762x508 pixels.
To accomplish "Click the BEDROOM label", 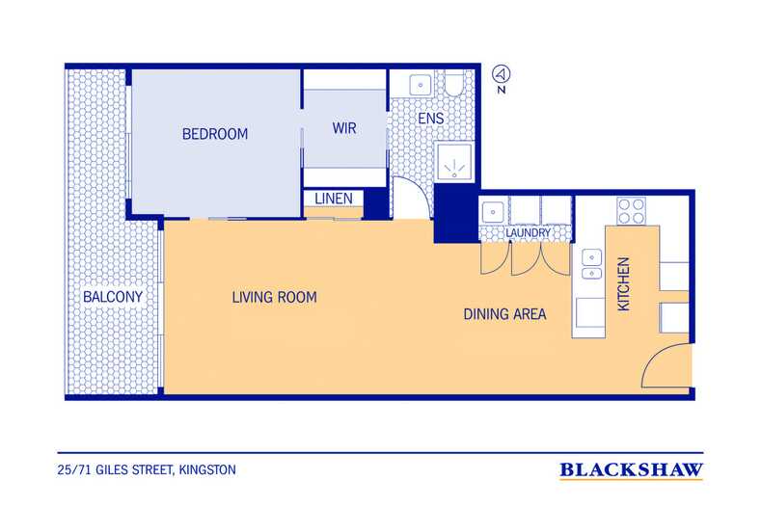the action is click(x=215, y=134).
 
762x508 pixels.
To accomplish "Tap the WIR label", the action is click(x=344, y=128).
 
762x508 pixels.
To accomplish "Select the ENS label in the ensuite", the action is click(x=430, y=119).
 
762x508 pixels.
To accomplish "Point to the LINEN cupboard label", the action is click(x=334, y=199).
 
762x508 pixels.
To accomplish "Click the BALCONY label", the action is click(x=113, y=297).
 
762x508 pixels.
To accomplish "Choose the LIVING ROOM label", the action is click(x=274, y=297).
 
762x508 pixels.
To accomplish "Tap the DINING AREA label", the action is click(x=504, y=314).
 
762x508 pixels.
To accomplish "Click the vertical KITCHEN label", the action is click(x=623, y=283).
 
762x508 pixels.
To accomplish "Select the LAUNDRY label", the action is click(x=528, y=233).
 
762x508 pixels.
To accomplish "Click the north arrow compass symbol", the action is click(x=502, y=74).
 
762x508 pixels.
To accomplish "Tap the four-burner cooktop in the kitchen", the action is click(x=631, y=211).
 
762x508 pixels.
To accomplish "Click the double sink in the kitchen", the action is click(x=591, y=265).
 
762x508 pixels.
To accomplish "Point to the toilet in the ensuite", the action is click(x=455, y=84).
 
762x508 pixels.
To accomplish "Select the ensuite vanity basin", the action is click(x=421, y=85).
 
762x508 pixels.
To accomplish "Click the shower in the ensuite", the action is click(x=453, y=161).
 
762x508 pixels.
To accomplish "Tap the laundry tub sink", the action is click(x=493, y=212).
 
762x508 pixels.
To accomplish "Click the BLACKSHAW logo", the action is click(x=631, y=470).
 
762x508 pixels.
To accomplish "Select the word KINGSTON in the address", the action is click(x=207, y=470).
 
